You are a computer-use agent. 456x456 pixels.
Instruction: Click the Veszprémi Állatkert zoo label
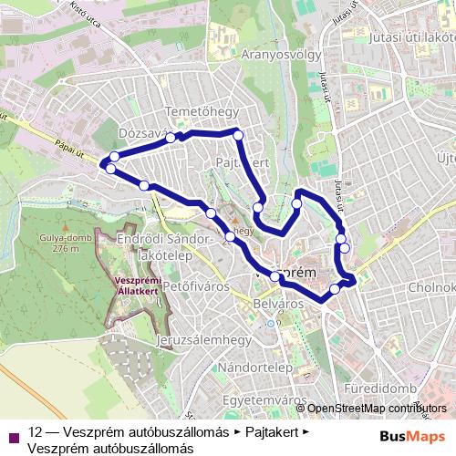[x=137, y=285]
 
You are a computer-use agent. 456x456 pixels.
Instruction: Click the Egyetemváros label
[x=264, y=399]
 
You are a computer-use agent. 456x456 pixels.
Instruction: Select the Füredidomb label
[x=379, y=389]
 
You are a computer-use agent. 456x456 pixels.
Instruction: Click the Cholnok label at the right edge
[x=434, y=288]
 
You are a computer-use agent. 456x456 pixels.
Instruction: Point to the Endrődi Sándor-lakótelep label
[x=159, y=247]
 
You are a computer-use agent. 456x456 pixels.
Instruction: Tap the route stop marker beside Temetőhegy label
[x=171, y=138]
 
